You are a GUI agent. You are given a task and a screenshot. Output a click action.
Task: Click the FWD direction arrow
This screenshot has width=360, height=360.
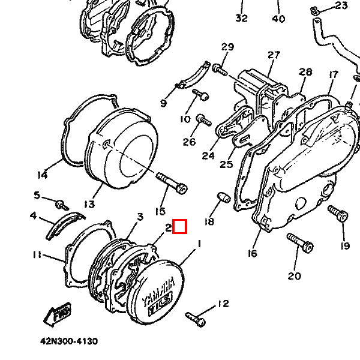[x=58, y=314]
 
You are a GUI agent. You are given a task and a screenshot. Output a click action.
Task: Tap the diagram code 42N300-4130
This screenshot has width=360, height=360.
[x=69, y=341]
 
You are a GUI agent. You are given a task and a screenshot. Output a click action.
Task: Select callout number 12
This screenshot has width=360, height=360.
[x=223, y=304]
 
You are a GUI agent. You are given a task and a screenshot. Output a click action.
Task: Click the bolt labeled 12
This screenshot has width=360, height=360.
[x=196, y=319]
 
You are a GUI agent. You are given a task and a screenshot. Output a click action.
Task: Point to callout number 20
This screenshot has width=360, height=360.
[x=295, y=276]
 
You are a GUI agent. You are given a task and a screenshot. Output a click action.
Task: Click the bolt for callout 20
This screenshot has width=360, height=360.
[x=300, y=242]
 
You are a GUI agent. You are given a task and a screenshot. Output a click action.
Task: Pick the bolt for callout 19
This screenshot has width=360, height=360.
[x=338, y=214]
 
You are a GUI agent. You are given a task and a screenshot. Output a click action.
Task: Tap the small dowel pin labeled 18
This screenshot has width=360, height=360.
[x=223, y=197]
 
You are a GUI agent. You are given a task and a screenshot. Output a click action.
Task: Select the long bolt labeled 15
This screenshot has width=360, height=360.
[x=172, y=183]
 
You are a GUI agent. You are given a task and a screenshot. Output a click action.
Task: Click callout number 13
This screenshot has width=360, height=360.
[x=89, y=204]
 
